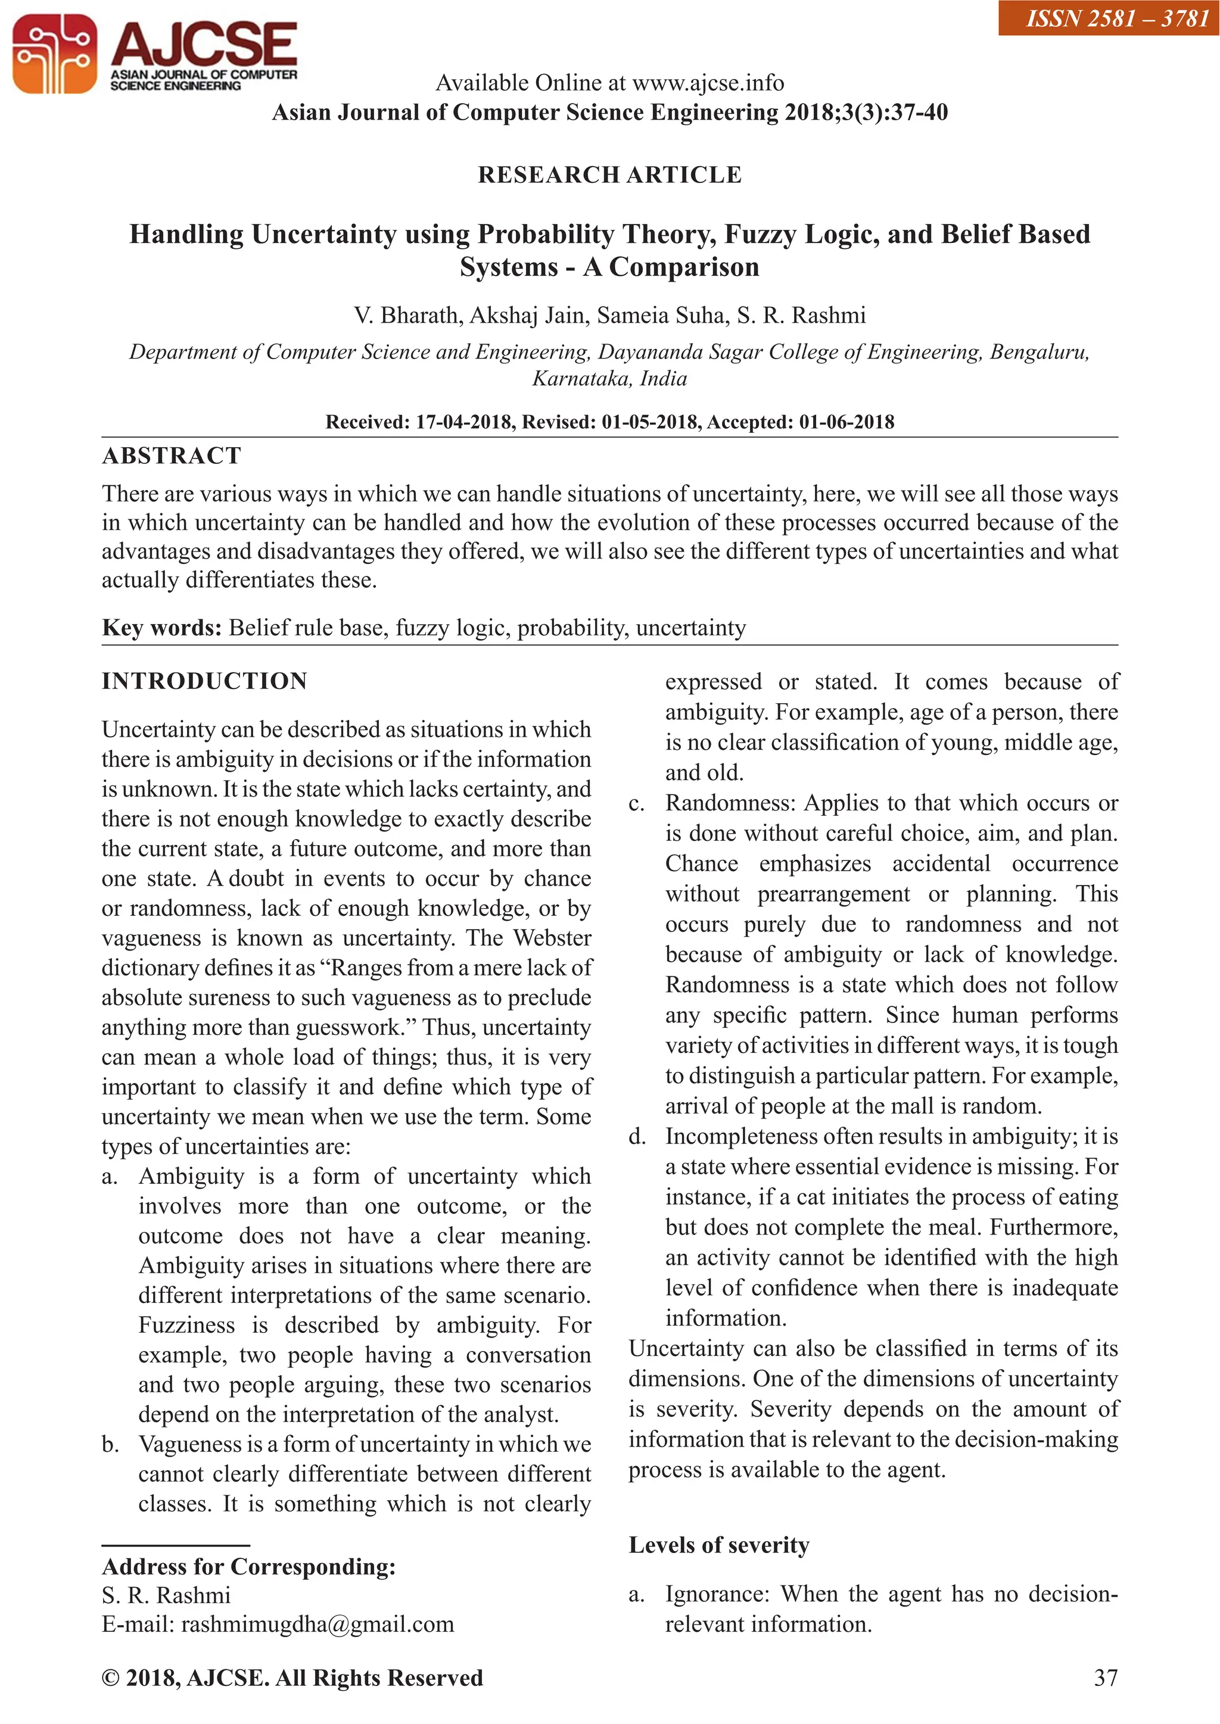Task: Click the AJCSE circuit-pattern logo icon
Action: (x=54, y=54)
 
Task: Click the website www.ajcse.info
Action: (x=708, y=83)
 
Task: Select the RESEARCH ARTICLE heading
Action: (x=609, y=175)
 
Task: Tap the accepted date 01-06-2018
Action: (x=846, y=422)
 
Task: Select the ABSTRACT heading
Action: (x=172, y=456)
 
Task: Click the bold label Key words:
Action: (x=161, y=628)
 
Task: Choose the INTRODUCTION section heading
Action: (x=204, y=681)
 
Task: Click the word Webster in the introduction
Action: (x=552, y=938)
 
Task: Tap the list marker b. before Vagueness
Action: (x=110, y=1445)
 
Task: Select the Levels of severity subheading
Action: (x=719, y=1545)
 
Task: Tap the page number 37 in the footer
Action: (x=1105, y=1678)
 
